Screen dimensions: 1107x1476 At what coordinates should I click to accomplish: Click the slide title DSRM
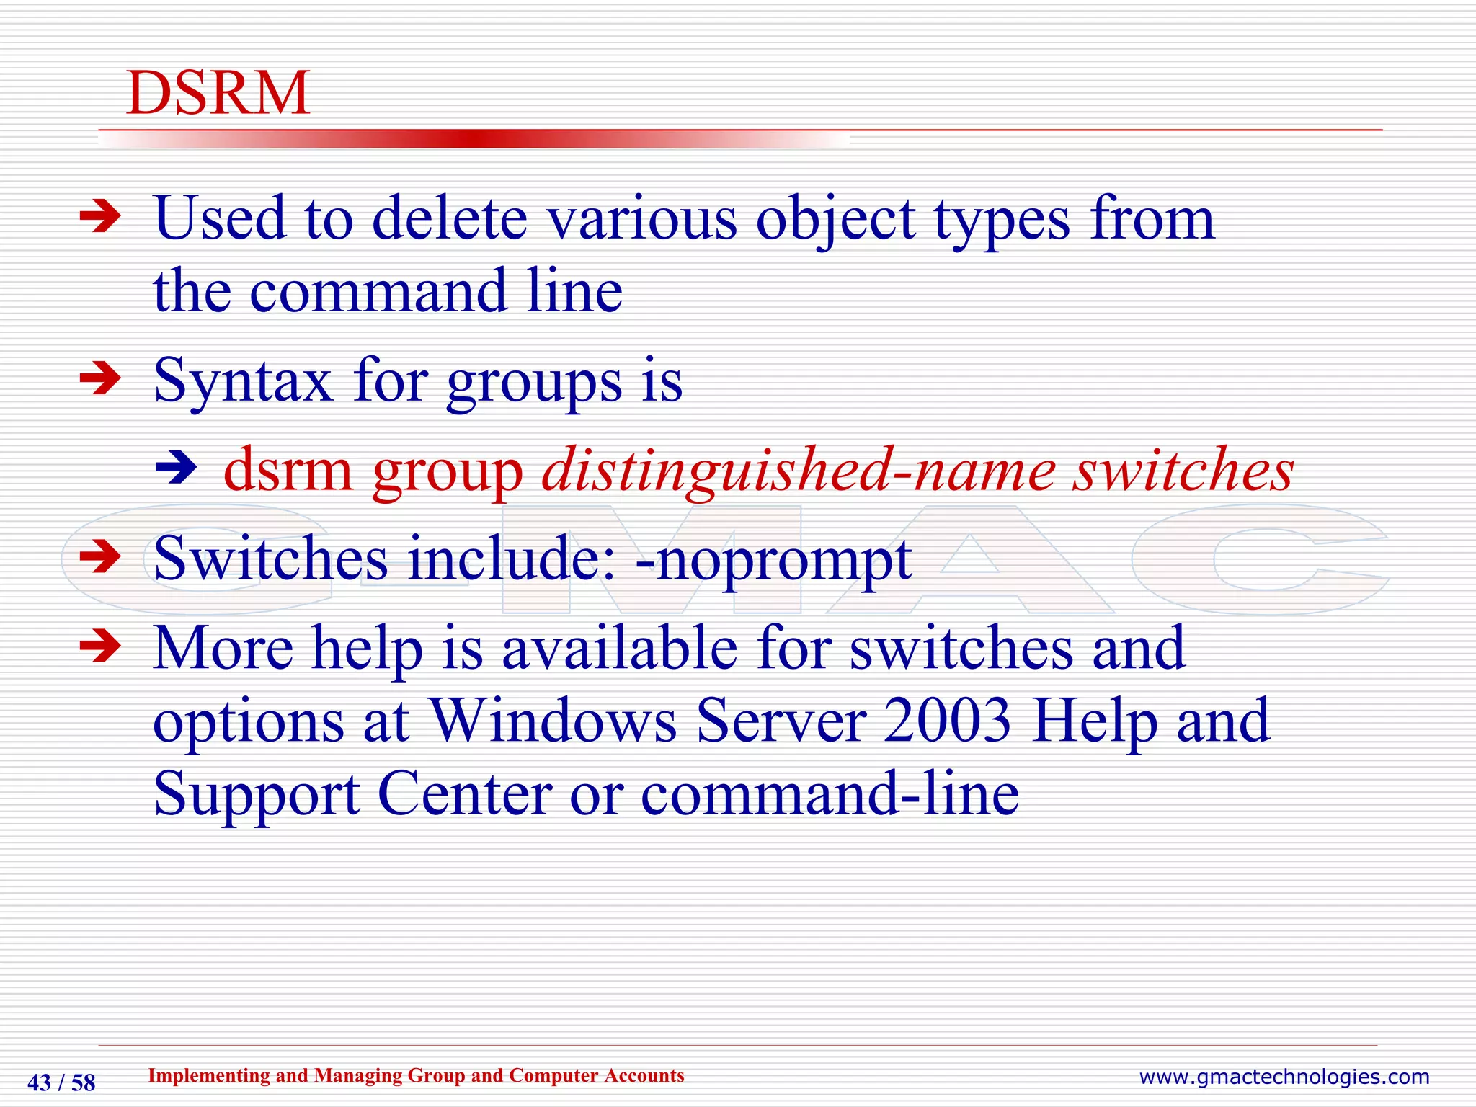click(x=218, y=93)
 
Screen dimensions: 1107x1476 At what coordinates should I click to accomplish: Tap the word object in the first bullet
click(x=835, y=220)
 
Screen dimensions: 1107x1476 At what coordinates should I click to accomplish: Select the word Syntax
click(x=243, y=382)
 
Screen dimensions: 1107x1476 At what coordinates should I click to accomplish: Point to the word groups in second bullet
click(x=534, y=382)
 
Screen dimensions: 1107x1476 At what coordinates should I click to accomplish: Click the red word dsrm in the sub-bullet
click(x=288, y=470)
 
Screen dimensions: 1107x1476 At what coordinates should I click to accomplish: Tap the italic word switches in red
click(x=1183, y=470)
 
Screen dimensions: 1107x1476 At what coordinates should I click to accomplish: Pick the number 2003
click(x=948, y=720)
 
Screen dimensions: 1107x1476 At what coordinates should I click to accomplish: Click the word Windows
click(x=553, y=720)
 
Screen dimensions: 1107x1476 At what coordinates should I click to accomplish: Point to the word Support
click(x=256, y=794)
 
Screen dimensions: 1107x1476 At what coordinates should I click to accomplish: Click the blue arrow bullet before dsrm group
click(x=177, y=468)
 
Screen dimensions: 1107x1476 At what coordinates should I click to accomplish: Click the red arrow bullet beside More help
click(x=100, y=645)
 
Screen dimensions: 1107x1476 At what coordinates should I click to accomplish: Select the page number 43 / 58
click(x=61, y=1082)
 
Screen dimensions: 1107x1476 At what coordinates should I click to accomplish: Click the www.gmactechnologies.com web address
click(x=1284, y=1077)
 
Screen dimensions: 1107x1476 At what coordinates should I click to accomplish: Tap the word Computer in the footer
click(x=552, y=1075)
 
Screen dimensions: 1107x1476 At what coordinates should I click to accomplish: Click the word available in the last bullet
click(x=619, y=647)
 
